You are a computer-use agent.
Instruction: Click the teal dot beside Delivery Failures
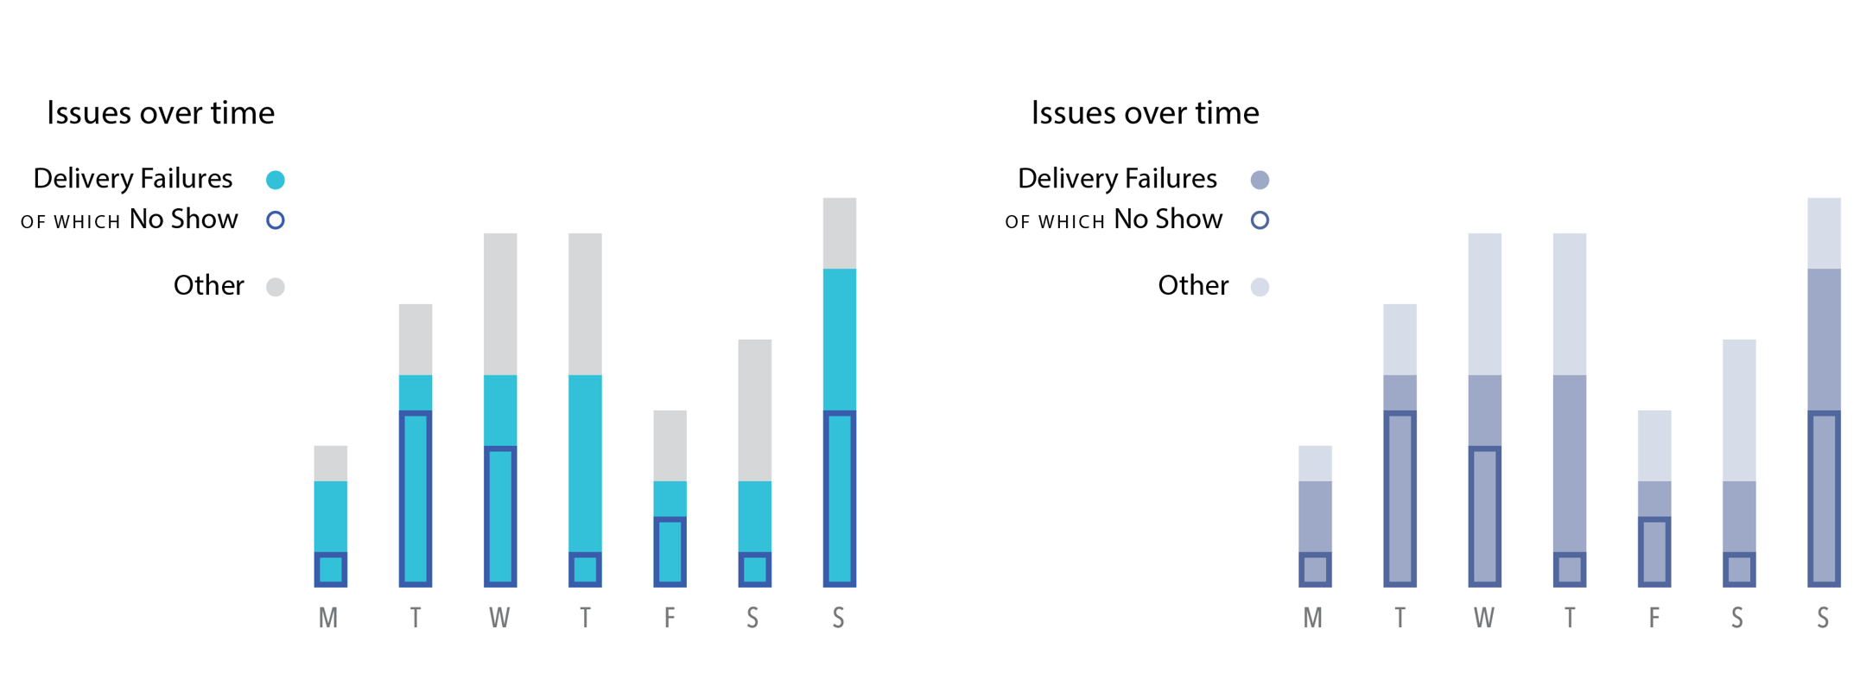click(276, 180)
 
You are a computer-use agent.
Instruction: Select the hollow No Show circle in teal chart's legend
click(276, 220)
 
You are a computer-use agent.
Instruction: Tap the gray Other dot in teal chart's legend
click(276, 287)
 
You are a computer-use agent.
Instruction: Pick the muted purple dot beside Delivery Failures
click(1260, 180)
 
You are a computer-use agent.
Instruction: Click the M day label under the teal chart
click(328, 619)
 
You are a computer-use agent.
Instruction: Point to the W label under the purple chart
click(1484, 619)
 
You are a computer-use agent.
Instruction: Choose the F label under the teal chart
click(670, 619)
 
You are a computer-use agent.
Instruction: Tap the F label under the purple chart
click(1653, 619)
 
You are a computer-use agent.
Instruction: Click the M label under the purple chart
click(1313, 619)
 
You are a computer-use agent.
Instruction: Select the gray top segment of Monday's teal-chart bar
click(331, 463)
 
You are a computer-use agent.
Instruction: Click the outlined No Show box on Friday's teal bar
click(670, 551)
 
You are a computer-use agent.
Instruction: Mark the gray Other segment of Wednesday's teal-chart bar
click(500, 303)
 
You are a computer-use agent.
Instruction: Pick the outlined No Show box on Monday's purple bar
click(1315, 569)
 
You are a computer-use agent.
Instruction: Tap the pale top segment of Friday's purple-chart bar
click(1654, 445)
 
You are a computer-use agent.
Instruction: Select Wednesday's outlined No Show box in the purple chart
click(1485, 516)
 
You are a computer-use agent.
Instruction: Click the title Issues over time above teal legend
click(161, 113)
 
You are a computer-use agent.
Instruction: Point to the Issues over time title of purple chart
click(1145, 113)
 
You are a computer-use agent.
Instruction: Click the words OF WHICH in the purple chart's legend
click(1055, 222)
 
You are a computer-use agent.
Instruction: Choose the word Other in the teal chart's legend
click(209, 286)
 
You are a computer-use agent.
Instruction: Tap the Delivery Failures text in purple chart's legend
click(1117, 179)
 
